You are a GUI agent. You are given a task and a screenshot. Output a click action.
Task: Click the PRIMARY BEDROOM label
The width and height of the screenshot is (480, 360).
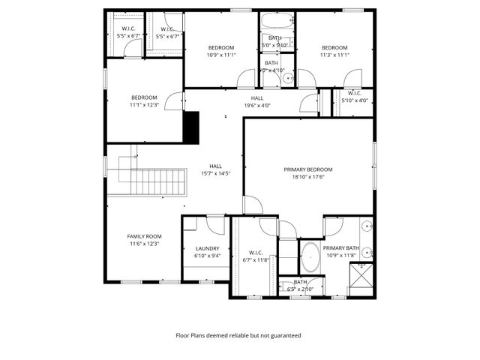click(307, 169)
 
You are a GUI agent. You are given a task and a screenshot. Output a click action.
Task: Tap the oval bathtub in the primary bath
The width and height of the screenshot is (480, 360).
click(310, 256)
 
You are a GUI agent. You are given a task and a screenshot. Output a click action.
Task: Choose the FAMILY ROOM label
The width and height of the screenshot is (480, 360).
click(143, 236)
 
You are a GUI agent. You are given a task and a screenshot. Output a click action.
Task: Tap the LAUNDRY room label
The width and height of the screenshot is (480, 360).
click(207, 248)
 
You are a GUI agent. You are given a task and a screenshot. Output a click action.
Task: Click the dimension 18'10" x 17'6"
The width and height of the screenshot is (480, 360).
click(307, 177)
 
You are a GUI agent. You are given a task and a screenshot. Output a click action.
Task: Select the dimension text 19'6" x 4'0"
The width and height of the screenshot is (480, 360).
click(257, 106)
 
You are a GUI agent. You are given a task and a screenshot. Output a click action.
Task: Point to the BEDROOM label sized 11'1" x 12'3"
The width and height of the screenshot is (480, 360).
click(144, 97)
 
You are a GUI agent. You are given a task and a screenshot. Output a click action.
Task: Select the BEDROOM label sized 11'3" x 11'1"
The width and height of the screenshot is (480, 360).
click(334, 47)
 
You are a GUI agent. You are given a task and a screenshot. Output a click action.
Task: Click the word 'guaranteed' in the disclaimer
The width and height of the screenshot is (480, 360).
click(285, 335)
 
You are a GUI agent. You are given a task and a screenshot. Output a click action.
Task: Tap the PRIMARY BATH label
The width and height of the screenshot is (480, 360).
click(341, 248)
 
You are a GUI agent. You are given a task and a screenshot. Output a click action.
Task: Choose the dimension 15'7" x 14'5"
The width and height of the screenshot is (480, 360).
click(215, 173)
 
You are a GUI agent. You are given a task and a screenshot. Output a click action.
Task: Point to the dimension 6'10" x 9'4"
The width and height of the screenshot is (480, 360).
click(207, 256)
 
